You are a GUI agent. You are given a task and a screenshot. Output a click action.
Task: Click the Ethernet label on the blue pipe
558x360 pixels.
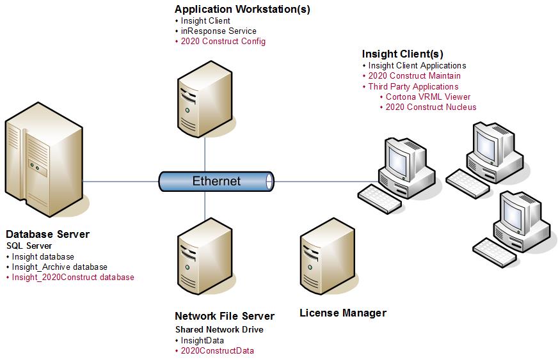pos(216,181)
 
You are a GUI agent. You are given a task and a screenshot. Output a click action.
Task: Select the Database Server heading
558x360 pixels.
pos(47,234)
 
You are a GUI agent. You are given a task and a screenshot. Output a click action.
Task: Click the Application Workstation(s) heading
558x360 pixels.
pos(242,10)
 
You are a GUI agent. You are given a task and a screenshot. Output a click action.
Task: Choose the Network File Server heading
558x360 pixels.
pos(224,316)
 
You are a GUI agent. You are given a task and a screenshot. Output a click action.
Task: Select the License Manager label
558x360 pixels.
pos(342,313)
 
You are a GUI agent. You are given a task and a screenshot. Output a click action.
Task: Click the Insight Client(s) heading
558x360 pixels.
pos(402,54)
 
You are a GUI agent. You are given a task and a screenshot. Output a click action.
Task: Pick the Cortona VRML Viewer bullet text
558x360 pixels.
pos(427,97)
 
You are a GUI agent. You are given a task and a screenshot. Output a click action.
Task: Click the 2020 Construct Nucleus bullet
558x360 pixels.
pos(431,107)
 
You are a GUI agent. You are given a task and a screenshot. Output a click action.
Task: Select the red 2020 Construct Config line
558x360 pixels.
pos(223,41)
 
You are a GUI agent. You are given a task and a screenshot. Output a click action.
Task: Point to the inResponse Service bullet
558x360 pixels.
pos(218,31)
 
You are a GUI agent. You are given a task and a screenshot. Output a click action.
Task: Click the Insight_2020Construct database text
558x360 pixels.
pos(73,277)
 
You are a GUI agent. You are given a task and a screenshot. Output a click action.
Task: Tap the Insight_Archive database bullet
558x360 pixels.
pos(60,267)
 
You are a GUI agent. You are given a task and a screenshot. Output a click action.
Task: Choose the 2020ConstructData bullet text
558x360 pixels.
pos(217,350)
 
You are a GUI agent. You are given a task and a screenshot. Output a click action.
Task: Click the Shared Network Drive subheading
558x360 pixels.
pos(219,329)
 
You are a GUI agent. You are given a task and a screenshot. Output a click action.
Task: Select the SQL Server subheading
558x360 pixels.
pos(29,246)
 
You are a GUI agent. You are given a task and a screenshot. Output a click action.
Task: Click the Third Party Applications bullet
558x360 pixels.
pos(413,86)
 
